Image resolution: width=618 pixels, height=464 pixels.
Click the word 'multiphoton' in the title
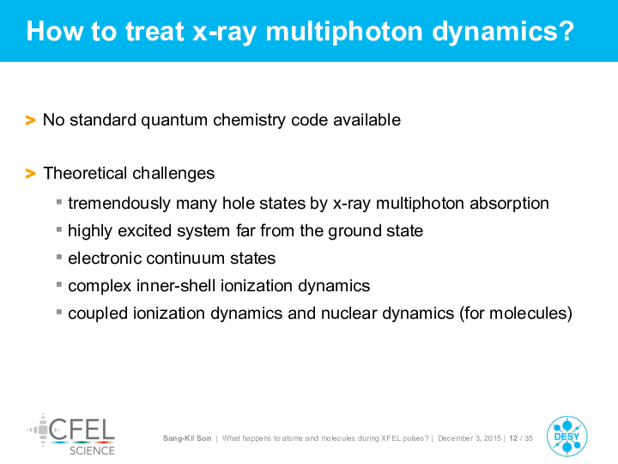(344, 32)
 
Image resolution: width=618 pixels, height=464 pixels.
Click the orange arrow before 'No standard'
(30, 120)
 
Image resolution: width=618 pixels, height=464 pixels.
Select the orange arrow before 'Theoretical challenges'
(30, 174)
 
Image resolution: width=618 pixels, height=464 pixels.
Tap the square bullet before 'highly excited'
(59, 229)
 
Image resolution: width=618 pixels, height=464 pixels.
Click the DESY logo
(567, 436)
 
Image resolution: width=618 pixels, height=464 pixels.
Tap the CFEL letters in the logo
(82, 430)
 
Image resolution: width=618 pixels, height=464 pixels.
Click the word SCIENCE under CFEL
(92, 450)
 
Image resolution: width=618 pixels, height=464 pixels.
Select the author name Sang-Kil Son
(187, 438)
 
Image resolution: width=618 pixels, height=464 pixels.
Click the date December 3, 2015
(470, 438)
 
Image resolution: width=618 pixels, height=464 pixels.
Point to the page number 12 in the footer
(513, 438)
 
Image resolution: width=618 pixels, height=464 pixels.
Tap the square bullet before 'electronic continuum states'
(59, 257)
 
